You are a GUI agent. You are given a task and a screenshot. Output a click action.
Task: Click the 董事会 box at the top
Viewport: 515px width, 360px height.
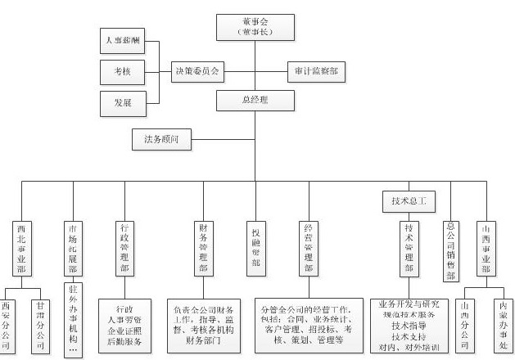pos(255,26)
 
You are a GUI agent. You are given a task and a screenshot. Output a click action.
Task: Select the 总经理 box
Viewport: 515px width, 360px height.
pos(255,101)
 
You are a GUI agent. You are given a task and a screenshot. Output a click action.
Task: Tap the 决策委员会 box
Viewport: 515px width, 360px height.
pos(197,71)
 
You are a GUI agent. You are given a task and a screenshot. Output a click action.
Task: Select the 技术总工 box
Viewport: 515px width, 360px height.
pos(409,200)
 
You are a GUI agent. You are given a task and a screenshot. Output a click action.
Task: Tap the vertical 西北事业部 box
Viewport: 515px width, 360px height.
pos(22,247)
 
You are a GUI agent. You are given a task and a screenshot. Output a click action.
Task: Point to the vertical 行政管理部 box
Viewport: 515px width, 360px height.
pos(124,248)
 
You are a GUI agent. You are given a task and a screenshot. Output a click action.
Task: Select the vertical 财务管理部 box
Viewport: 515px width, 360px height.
pos(202,248)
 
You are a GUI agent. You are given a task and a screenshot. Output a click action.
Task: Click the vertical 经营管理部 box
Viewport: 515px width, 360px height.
pos(309,248)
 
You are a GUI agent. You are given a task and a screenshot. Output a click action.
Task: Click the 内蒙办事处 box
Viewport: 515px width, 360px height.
pos(501,321)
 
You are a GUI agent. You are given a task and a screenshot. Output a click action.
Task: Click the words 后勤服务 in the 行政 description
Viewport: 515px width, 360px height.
pos(124,341)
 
